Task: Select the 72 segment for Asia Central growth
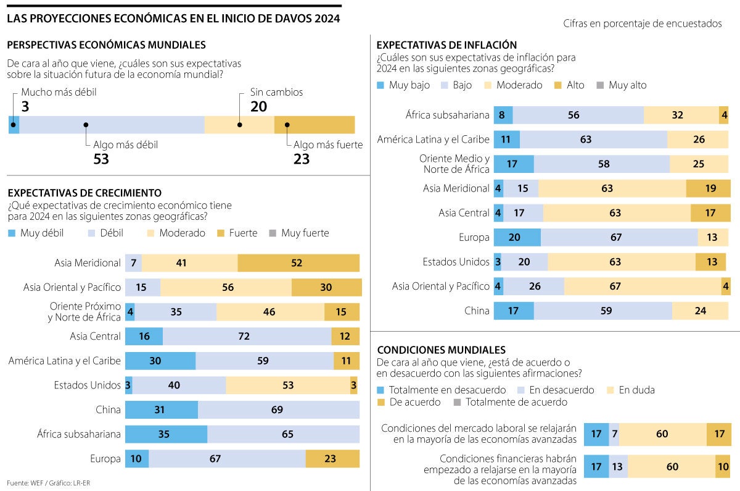click(x=247, y=336)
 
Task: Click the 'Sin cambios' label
click(x=276, y=92)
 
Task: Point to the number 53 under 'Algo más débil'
click(x=101, y=159)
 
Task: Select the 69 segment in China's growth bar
click(x=278, y=409)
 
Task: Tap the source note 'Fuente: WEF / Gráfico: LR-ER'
click(x=44, y=482)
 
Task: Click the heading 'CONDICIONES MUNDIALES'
click(x=441, y=350)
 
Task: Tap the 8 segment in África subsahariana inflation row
click(x=503, y=115)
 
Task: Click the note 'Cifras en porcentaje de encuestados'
click(x=642, y=23)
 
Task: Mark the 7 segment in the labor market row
click(x=614, y=434)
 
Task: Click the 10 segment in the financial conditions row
click(x=723, y=466)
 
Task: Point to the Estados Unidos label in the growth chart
click(x=87, y=385)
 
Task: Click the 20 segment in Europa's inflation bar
click(x=517, y=237)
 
